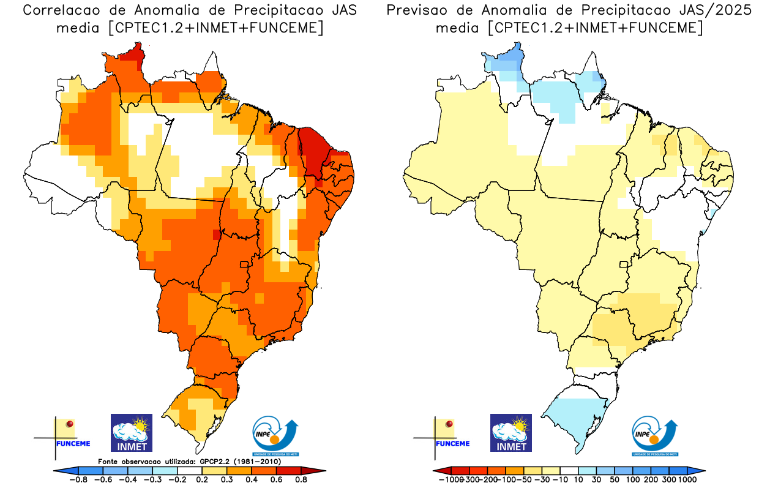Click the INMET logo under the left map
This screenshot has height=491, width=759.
(x=131, y=433)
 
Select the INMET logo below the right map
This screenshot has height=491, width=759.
(x=511, y=433)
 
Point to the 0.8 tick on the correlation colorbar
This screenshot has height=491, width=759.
(x=301, y=479)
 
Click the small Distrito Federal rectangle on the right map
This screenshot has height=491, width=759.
(x=624, y=264)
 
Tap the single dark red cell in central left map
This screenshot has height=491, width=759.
(x=215, y=234)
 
